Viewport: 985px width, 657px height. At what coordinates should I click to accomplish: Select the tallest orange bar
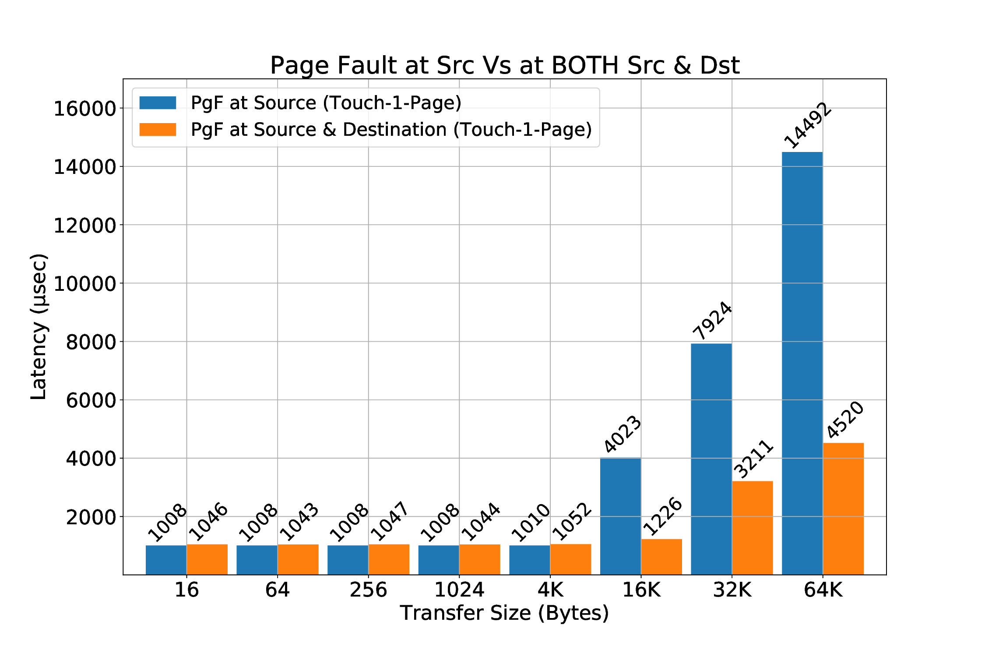point(843,508)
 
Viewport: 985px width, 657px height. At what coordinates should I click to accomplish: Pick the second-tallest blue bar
point(711,458)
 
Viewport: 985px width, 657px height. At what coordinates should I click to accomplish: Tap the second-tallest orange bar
point(752,527)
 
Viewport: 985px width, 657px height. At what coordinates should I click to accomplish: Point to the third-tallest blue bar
point(620,516)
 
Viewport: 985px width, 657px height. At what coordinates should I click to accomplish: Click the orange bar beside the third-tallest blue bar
point(661,556)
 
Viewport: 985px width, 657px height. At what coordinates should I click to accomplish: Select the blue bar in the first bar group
point(166,559)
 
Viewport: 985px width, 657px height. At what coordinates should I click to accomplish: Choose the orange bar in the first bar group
point(207,559)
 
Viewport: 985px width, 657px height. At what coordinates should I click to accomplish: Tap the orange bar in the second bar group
point(298,559)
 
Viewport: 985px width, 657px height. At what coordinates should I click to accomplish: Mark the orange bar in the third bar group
point(389,559)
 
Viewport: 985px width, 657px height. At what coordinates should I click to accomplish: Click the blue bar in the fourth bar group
point(438,559)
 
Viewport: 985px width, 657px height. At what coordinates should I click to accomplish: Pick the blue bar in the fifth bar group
point(529,559)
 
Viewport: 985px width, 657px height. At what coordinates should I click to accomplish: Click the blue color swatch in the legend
point(158,103)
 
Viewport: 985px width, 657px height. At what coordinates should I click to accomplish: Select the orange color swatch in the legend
point(158,130)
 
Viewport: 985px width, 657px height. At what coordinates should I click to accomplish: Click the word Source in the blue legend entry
point(285,103)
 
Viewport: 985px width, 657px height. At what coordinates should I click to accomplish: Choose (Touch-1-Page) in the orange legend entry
point(523,130)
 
